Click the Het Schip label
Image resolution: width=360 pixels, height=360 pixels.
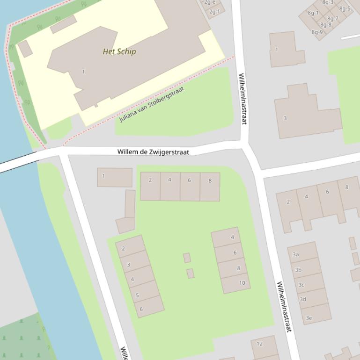tap(119, 51)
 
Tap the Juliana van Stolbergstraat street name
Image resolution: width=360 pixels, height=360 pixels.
tap(152, 104)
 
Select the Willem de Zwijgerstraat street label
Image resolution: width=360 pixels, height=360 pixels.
tap(153, 152)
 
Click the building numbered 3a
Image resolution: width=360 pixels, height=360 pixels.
tap(296, 254)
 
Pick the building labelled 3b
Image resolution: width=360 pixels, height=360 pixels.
tap(298, 270)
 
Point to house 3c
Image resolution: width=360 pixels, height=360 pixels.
tap(301, 285)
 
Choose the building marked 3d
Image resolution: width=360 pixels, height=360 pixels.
tap(303, 299)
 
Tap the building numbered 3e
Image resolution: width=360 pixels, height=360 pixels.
tap(309, 317)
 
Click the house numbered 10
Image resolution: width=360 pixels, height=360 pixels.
tap(242, 283)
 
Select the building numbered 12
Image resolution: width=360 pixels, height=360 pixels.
tap(260, 344)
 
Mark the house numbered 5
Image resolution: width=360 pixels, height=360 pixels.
tap(137, 295)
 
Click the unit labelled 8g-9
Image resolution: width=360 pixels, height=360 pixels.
tap(317, 32)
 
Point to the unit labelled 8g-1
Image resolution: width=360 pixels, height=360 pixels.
tap(313, 13)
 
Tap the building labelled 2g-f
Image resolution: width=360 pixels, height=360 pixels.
tap(214, 12)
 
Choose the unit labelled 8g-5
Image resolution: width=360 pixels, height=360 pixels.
tap(345, 8)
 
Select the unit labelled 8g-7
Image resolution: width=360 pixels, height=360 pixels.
tap(332, 19)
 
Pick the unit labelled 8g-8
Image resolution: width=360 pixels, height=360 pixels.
tap(326, 25)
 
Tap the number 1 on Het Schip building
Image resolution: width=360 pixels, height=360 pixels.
tap(83, 72)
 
